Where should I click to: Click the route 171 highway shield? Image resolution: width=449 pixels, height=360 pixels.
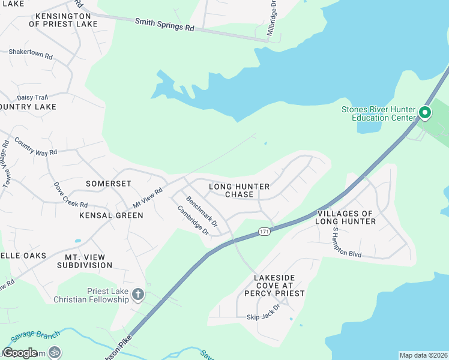point(265,231)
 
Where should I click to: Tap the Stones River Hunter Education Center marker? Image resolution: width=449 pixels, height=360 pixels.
point(425,113)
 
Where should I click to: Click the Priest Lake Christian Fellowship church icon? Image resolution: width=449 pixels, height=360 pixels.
point(138,294)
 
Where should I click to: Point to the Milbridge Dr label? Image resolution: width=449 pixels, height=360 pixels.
point(272,19)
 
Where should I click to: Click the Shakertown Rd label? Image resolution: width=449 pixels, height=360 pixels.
point(31,52)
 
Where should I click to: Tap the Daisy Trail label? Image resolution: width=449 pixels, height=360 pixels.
point(32,97)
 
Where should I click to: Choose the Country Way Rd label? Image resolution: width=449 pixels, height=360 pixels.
point(35,147)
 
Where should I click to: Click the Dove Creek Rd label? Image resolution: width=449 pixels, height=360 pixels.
point(70,195)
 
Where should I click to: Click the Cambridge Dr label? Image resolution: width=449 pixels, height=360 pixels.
point(193,220)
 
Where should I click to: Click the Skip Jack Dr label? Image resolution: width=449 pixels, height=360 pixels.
point(264,316)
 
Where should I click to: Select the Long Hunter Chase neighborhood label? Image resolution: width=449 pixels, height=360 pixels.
point(239,190)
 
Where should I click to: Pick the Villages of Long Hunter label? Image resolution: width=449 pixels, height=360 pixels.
point(346,217)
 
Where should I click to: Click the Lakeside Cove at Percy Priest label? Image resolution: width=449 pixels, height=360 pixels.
point(279,286)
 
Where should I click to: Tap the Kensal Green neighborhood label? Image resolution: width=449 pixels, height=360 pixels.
point(114,215)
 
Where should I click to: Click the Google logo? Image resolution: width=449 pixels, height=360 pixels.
point(20,353)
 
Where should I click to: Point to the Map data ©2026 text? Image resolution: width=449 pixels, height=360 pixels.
point(423,355)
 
